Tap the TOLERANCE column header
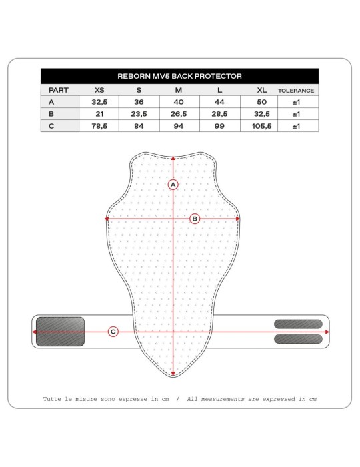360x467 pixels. click(295, 89)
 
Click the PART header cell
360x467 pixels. click(50, 89)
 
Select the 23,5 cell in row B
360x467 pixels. click(139, 113)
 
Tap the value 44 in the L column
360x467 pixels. click(219, 102)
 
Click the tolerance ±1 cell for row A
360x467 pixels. click(295, 102)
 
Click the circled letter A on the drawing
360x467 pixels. click(173, 185)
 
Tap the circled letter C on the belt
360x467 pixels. click(113, 331)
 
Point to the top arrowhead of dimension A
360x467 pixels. click(173, 158)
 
